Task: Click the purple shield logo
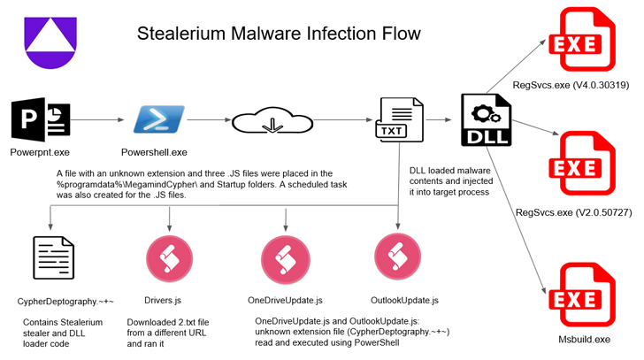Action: click(x=50, y=42)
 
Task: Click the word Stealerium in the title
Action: click(x=181, y=34)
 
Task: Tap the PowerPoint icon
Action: click(x=41, y=119)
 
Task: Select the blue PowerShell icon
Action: click(x=159, y=119)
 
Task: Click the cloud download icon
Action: click(x=272, y=120)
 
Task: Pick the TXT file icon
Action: click(x=399, y=119)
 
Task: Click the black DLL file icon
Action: click(x=487, y=120)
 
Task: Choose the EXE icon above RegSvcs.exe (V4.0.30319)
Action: click(x=582, y=40)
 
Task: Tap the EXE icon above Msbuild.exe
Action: click(x=582, y=295)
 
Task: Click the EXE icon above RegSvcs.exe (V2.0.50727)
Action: click(x=582, y=164)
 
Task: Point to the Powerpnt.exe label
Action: click(x=40, y=153)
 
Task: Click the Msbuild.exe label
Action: click(x=584, y=340)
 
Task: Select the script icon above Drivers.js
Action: click(x=169, y=258)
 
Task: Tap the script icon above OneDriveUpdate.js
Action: click(x=286, y=259)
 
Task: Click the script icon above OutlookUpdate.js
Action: click(x=397, y=257)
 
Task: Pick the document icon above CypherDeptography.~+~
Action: click(x=53, y=257)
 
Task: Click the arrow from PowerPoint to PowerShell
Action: click(x=97, y=120)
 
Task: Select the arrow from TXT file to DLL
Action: click(x=439, y=120)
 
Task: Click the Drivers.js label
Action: click(x=163, y=301)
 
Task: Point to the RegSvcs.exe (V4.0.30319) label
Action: click(x=571, y=86)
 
